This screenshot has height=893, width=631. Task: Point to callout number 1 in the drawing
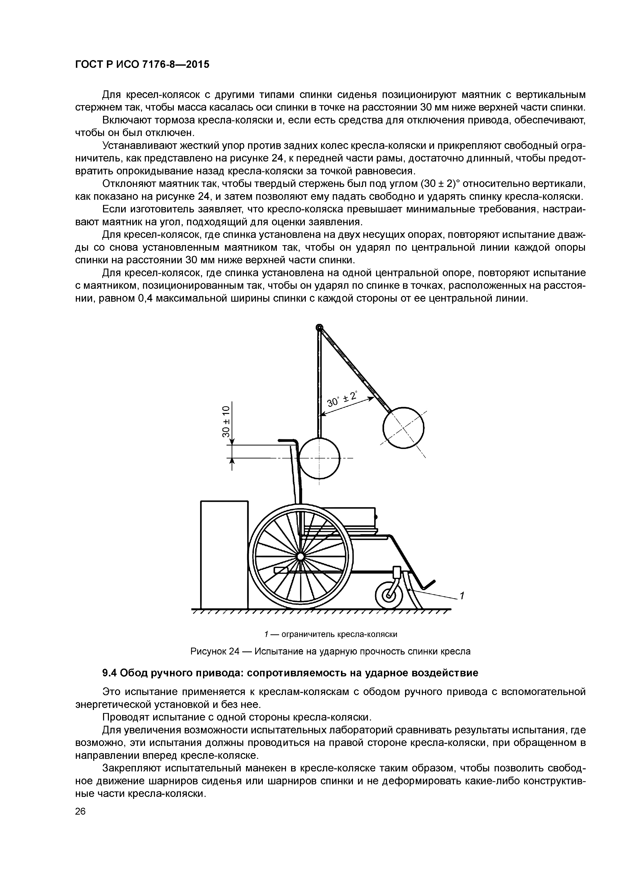pos(462,596)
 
